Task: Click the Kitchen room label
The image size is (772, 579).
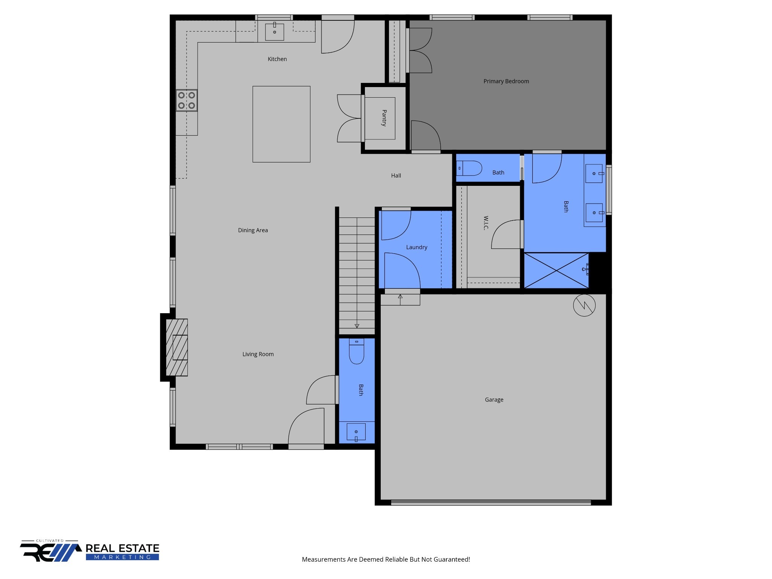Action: [x=277, y=59]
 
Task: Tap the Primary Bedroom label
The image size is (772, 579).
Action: [x=506, y=81]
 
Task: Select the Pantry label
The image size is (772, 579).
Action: [x=384, y=118]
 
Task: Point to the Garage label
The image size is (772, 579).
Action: [x=494, y=400]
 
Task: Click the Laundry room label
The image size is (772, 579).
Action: [x=417, y=247]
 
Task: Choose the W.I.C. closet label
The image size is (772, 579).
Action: [x=486, y=223]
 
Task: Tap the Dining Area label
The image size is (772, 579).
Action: [x=253, y=230]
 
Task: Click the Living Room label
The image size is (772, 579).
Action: [x=258, y=354]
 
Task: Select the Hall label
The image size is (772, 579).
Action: [x=396, y=176]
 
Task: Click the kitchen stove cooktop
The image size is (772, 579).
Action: [x=187, y=100]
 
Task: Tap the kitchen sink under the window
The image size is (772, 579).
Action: [x=274, y=32]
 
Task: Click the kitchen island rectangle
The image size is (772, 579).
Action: [x=281, y=124]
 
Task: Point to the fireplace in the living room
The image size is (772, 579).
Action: [x=177, y=347]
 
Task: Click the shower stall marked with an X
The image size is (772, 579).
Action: [x=556, y=270]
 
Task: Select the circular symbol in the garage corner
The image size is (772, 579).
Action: [x=584, y=305]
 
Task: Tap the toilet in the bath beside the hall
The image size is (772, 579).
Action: [x=470, y=168]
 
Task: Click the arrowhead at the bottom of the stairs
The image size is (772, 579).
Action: [x=357, y=326]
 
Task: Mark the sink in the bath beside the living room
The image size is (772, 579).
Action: [x=356, y=432]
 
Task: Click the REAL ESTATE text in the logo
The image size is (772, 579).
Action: [x=123, y=548]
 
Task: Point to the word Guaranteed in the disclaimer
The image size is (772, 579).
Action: [x=450, y=559]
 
